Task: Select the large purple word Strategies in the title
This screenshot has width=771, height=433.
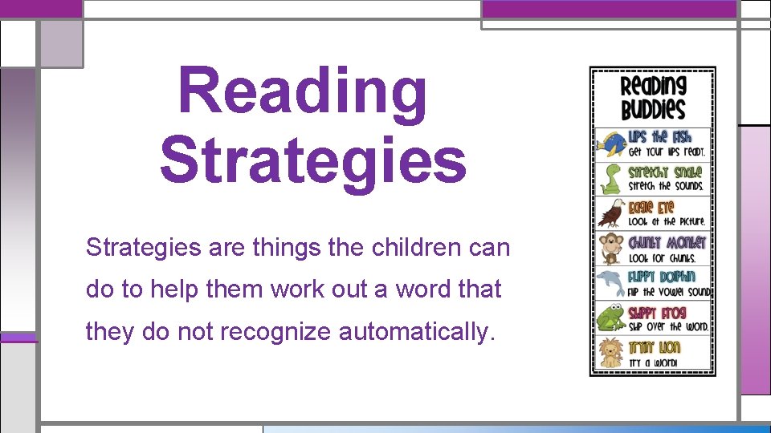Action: tap(312, 160)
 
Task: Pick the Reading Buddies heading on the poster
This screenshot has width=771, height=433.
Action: tap(653, 97)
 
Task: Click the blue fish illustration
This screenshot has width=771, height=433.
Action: tap(610, 145)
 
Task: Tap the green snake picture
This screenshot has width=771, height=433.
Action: tap(610, 180)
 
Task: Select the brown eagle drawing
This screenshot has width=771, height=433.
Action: tap(610, 214)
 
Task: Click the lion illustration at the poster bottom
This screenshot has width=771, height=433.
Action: tap(610, 353)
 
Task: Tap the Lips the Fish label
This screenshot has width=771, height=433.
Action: tap(659, 137)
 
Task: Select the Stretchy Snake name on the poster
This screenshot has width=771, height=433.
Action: tap(665, 172)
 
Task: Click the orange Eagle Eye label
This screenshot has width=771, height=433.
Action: tap(651, 207)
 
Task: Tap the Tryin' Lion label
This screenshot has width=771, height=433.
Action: tap(654, 347)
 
